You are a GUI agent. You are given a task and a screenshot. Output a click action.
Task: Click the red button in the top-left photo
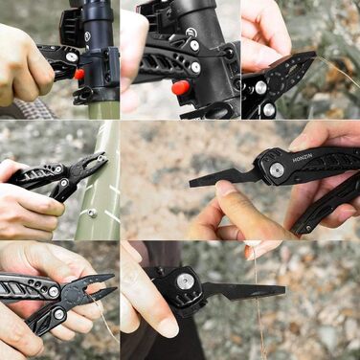coord(79,74)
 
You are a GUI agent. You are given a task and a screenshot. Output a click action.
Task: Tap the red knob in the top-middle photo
coord(179,88)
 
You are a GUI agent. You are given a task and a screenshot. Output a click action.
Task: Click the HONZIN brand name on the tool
coord(303,157)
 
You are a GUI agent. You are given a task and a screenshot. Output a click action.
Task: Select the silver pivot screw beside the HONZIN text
coord(276,169)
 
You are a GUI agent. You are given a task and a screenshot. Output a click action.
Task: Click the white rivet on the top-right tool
coord(260,87)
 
